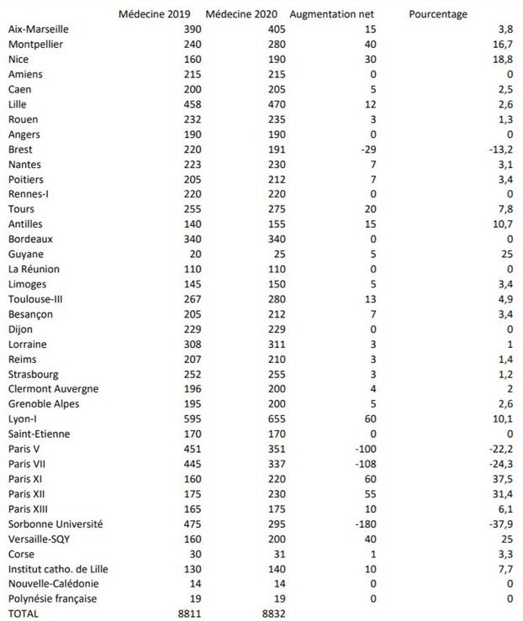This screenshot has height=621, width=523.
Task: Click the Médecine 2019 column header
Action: tap(154, 14)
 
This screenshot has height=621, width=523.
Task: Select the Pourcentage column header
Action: tap(439, 14)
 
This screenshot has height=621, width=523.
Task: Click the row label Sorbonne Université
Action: tap(54, 524)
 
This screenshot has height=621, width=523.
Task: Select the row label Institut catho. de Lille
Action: tap(58, 569)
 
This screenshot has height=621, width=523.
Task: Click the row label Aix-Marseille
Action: tap(39, 29)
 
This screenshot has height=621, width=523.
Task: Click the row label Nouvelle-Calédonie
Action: tap(53, 583)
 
